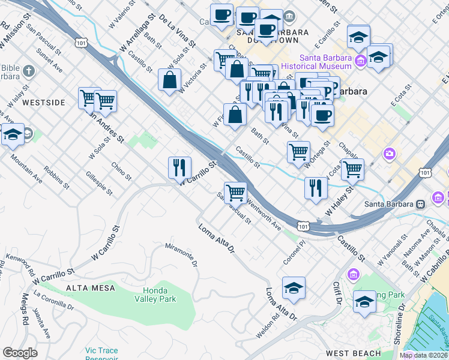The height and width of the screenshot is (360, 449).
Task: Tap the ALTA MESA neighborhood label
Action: [x=87, y=288]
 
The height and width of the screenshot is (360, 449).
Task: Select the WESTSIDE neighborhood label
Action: [x=43, y=103]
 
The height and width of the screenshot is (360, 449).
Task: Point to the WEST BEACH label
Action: [x=353, y=353]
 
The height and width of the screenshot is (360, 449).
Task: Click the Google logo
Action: [x=20, y=353]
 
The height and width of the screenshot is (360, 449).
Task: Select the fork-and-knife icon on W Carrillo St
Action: [x=179, y=167]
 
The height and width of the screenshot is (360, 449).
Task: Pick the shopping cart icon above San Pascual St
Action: [x=236, y=193]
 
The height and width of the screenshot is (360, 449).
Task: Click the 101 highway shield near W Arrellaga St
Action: [x=81, y=42]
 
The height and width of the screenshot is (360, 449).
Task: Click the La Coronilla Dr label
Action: [x=53, y=301]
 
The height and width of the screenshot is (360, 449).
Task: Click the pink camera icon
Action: [x=390, y=155]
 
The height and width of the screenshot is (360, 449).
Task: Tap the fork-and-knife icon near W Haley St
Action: [x=315, y=188]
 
